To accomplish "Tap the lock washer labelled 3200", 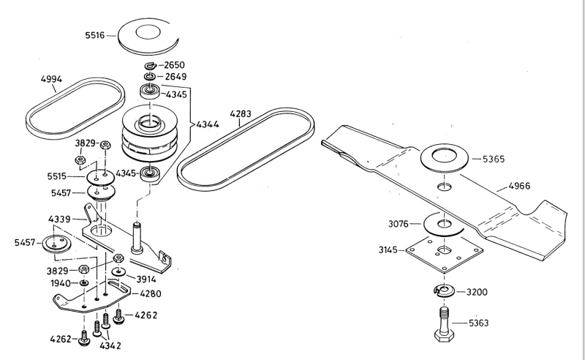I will point(444,292).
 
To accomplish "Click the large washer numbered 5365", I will point(445,158).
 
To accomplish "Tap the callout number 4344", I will point(208,124).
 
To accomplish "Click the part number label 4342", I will point(110,345).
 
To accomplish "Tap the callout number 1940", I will point(60,283).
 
